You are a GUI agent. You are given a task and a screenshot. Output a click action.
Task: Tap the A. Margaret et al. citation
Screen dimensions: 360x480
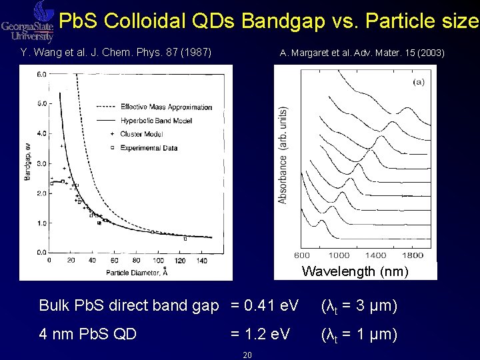[x=362, y=53]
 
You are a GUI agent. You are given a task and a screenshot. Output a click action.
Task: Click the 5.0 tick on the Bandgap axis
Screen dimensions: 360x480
[x=41, y=103]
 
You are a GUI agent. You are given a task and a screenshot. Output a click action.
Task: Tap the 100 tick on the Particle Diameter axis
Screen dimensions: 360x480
[x=159, y=260]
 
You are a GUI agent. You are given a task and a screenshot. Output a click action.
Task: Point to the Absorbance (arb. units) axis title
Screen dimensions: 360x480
[x=283, y=155]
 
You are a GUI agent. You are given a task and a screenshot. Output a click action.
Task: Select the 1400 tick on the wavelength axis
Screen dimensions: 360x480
[x=377, y=255]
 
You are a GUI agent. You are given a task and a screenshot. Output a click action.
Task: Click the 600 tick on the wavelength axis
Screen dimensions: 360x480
[x=302, y=255]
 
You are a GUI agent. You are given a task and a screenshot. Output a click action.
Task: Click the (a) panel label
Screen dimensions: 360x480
[x=419, y=82]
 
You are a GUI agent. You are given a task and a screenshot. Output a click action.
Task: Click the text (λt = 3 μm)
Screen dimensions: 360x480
[x=359, y=306]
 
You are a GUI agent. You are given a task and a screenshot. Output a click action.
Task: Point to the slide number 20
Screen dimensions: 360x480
[x=247, y=355]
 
